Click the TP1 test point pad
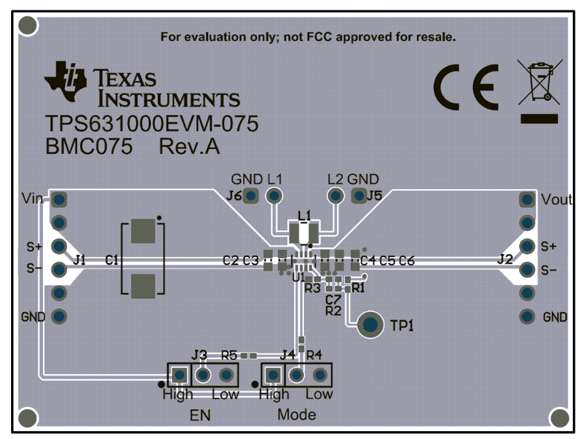point(370,324)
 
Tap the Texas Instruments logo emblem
point(65,81)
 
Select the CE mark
point(466,87)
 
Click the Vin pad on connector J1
point(58,199)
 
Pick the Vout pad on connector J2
point(527,199)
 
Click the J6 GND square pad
point(251,195)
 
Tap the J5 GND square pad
point(359,195)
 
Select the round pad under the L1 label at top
point(274,195)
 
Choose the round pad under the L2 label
point(336,195)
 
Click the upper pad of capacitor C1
point(143,231)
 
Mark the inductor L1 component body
point(304,232)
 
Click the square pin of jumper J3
point(179,375)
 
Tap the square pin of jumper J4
point(273,375)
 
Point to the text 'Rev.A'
point(189,147)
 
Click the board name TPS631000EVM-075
point(151,123)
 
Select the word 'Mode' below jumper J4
point(296,414)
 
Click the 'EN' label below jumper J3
point(200,415)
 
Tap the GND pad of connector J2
point(527,316)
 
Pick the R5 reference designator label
point(229,356)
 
